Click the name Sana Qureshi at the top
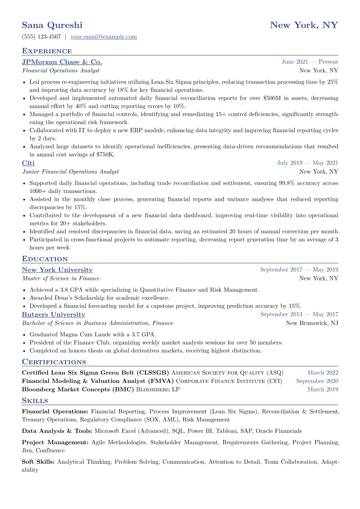[52, 25]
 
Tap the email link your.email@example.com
[103, 37]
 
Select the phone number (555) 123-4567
[41, 37]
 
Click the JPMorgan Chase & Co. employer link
[62, 62]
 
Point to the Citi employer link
[28, 163]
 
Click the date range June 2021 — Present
[309, 62]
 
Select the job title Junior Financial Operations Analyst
[70, 172]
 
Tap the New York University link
[57, 270]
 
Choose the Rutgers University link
[54, 315]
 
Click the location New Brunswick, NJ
[312, 323]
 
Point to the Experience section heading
[47, 51]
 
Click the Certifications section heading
[54, 362]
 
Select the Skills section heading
[35, 401]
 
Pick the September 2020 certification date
[317, 381]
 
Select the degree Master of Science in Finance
[61, 279]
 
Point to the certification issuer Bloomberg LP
[158, 390]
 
